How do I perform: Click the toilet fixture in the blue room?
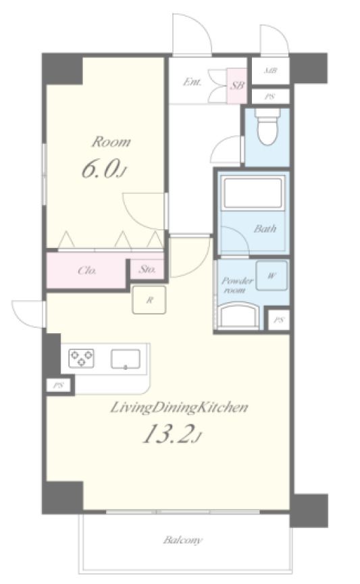pos(267,127)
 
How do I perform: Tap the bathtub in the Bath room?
pos(253,193)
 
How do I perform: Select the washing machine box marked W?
pos(272,276)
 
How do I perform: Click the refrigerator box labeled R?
pos(149,300)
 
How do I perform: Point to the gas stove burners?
pos(81,358)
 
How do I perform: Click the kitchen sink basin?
pos(126,359)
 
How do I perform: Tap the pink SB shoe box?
pos(237,86)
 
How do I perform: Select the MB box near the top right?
pos(270,70)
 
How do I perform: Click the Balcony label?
pos(183,539)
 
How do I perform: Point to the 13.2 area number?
pos(172,434)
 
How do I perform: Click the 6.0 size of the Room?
pos(103,169)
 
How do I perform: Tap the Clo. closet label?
pos(88,270)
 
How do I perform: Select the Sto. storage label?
pos(147,269)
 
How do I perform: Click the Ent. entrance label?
pos(192,82)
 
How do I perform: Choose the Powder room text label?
pos(237,285)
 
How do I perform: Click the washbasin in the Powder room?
pos(238,315)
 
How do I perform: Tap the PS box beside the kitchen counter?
pos(57,385)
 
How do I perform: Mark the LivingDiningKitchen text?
pos(179,408)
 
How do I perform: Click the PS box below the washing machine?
pos(279,320)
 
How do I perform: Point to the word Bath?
pos(265,228)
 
